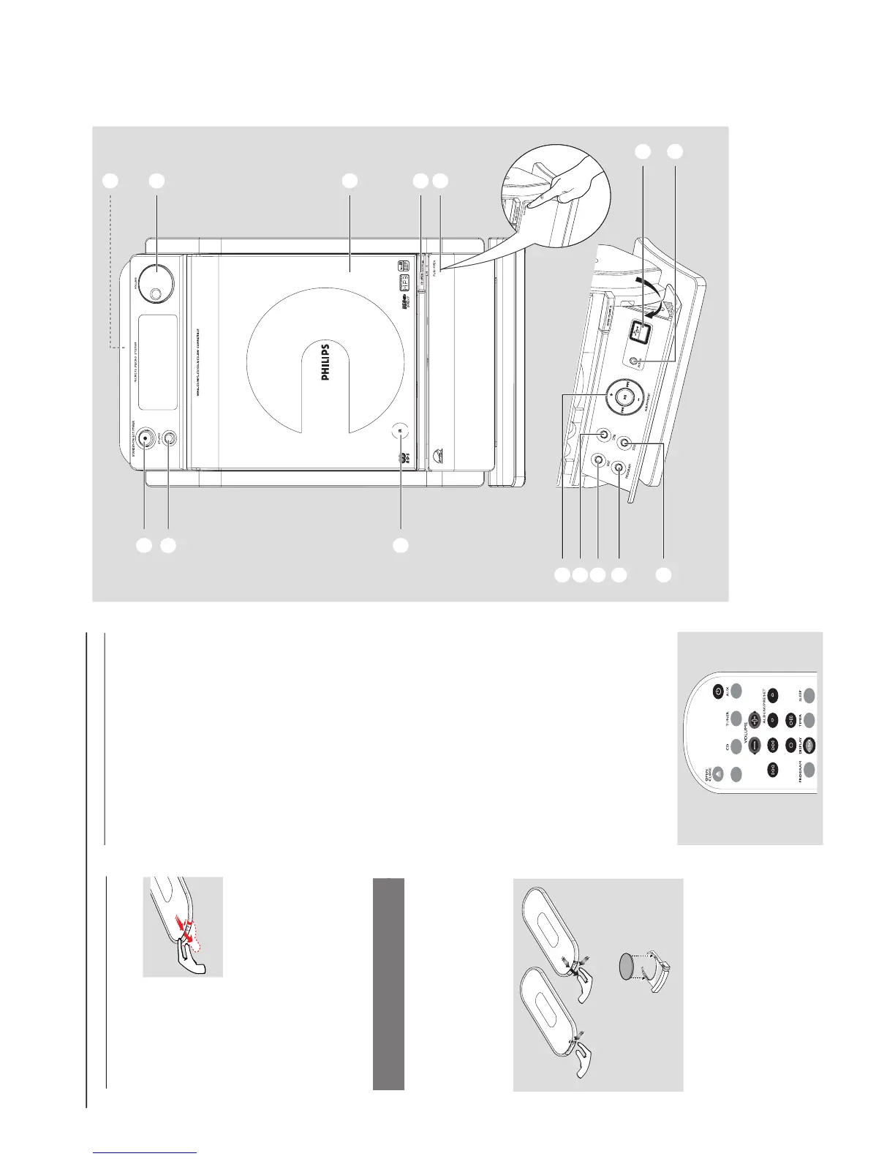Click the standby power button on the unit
(x=146, y=438)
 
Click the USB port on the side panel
(x=642, y=331)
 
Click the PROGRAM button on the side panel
(x=619, y=467)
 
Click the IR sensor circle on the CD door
(x=400, y=430)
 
